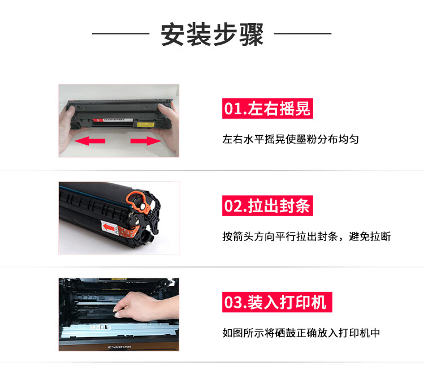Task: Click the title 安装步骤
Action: click(x=212, y=34)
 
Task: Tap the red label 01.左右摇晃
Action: click(x=267, y=108)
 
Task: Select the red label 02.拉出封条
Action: click(x=267, y=206)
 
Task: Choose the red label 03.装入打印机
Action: click(x=277, y=302)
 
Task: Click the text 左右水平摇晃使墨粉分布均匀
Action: click(x=291, y=139)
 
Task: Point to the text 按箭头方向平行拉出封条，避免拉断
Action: click(x=306, y=236)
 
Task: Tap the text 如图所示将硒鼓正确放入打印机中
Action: click(x=301, y=333)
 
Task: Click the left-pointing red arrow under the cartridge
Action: click(x=90, y=141)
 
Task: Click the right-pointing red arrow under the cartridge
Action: click(x=146, y=141)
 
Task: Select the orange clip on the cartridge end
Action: click(x=138, y=201)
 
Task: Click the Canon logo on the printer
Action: click(x=119, y=347)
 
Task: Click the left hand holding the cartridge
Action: click(x=68, y=127)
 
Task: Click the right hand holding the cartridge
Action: click(x=168, y=127)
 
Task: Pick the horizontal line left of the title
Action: click(x=120, y=33)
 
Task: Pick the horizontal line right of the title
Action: click(x=303, y=33)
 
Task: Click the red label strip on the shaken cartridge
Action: click(x=113, y=120)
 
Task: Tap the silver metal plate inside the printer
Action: click(x=119, y=330)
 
